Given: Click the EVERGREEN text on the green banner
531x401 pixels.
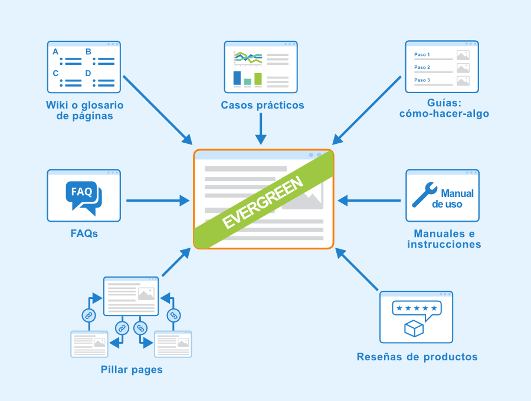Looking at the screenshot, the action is [x=263, y=202].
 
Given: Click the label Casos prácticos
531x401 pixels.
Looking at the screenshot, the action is [x=263, y=105].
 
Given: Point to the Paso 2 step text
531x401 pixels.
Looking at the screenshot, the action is [x=422, y=67].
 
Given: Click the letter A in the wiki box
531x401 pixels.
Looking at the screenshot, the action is [x=55, y=52].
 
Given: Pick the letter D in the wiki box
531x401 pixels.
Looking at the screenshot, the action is [x=88, y=73].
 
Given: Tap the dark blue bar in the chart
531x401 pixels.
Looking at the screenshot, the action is [x=237, y=78].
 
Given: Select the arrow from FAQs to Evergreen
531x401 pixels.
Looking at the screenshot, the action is [x=158, y=200].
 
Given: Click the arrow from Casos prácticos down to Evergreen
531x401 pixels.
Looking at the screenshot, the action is [x=261, y=129].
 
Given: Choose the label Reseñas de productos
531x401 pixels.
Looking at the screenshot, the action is [x=417, y=357].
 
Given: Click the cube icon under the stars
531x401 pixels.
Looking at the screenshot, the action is [x=414, y=328].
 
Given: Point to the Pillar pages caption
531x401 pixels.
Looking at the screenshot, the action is [x=132, y=370].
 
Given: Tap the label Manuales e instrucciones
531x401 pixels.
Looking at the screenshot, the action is [x=444, y=239].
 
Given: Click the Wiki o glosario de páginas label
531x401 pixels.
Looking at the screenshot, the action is [x=84, y=110].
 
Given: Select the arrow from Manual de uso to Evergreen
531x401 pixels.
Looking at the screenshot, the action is [x=369, y=200].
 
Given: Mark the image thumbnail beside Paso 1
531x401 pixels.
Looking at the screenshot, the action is [x=463, y=55].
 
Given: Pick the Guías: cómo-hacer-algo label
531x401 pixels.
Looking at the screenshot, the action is [x=444, y=109].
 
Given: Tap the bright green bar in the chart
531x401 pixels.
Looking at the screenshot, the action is [x=258, y=79].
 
